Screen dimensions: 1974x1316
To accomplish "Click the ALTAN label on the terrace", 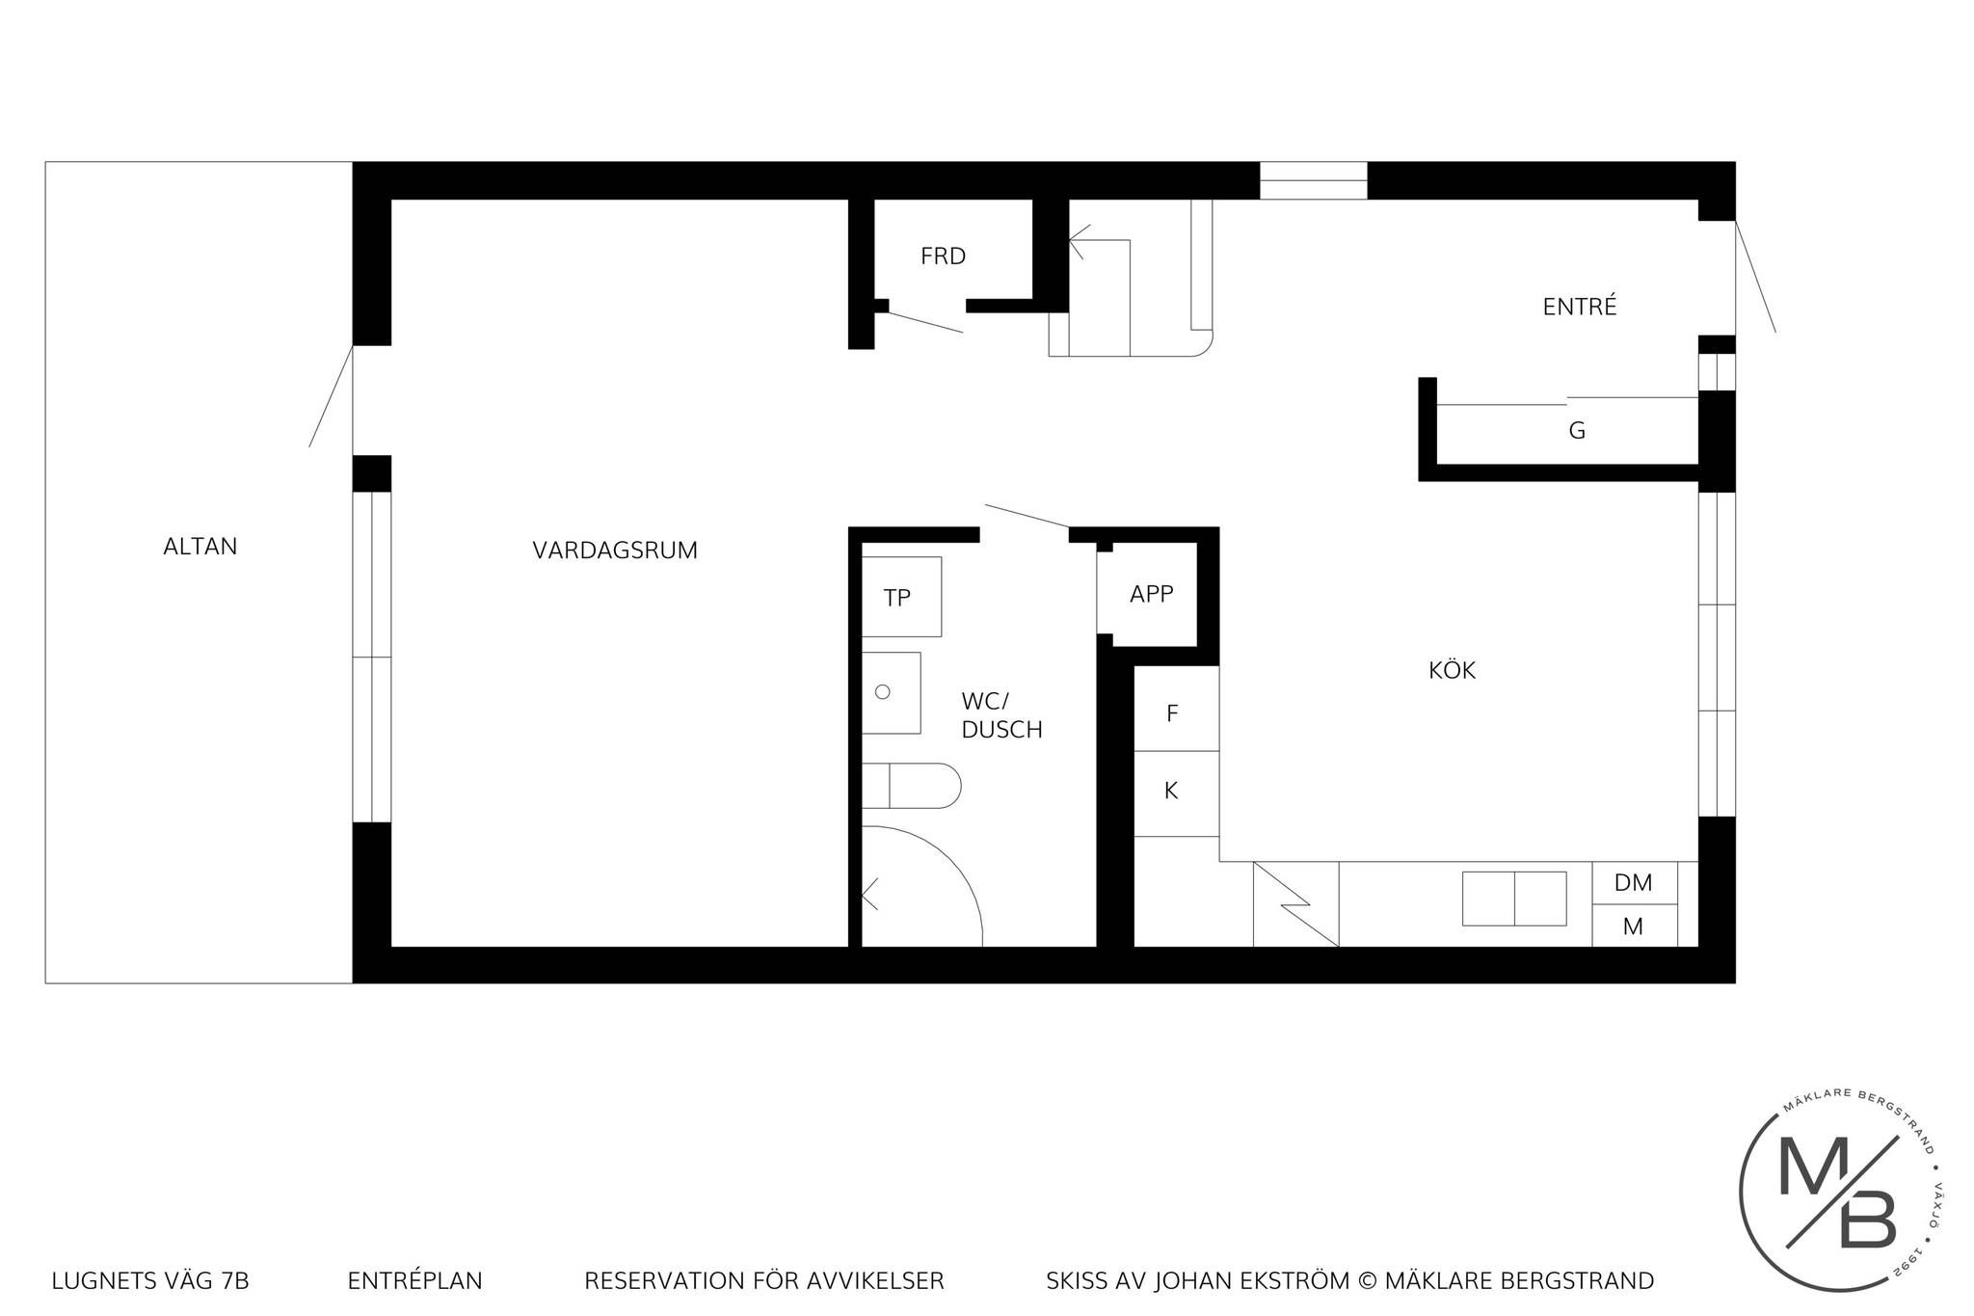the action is pos(200,547).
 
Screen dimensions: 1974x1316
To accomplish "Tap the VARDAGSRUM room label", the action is pos(615,551).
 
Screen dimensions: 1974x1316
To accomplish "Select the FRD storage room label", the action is pos(943,256).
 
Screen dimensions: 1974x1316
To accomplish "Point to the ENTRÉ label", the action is pos(1580,306).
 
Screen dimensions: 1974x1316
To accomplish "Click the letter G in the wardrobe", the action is pos(1577,431).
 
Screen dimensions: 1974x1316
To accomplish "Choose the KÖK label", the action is pos(1452,669).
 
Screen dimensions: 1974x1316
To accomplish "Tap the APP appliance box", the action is pos(1151,594).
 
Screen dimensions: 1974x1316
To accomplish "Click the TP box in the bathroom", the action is pos(901,597).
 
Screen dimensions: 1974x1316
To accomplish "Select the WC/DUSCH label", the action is pos(1001,715).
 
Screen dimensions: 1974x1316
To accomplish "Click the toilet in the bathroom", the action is pos(911,786).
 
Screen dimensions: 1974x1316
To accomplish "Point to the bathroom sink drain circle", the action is pos(882,692).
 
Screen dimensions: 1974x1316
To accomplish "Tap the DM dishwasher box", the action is pos(1635,882).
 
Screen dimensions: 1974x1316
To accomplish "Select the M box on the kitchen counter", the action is pos(1635,926).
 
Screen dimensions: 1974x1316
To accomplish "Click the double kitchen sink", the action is pos(1514,899).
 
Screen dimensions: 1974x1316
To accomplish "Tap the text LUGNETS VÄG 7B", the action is pos(150,1281).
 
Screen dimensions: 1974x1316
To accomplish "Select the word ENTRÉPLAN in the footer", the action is pos(415,1281).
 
